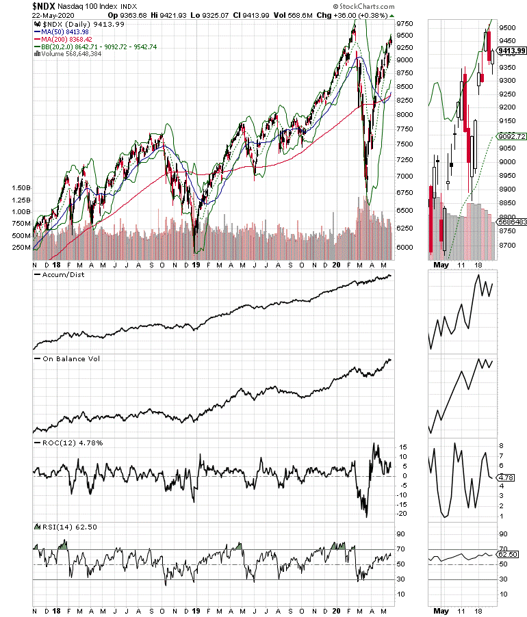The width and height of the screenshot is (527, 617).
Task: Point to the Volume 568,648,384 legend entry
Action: [x=66, y=55]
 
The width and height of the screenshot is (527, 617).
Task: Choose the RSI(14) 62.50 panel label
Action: [x=68, y=527]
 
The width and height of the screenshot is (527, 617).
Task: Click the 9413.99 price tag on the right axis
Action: [x=512, y=51]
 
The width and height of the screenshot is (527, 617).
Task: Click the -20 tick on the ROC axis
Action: [x=404, y=513]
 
